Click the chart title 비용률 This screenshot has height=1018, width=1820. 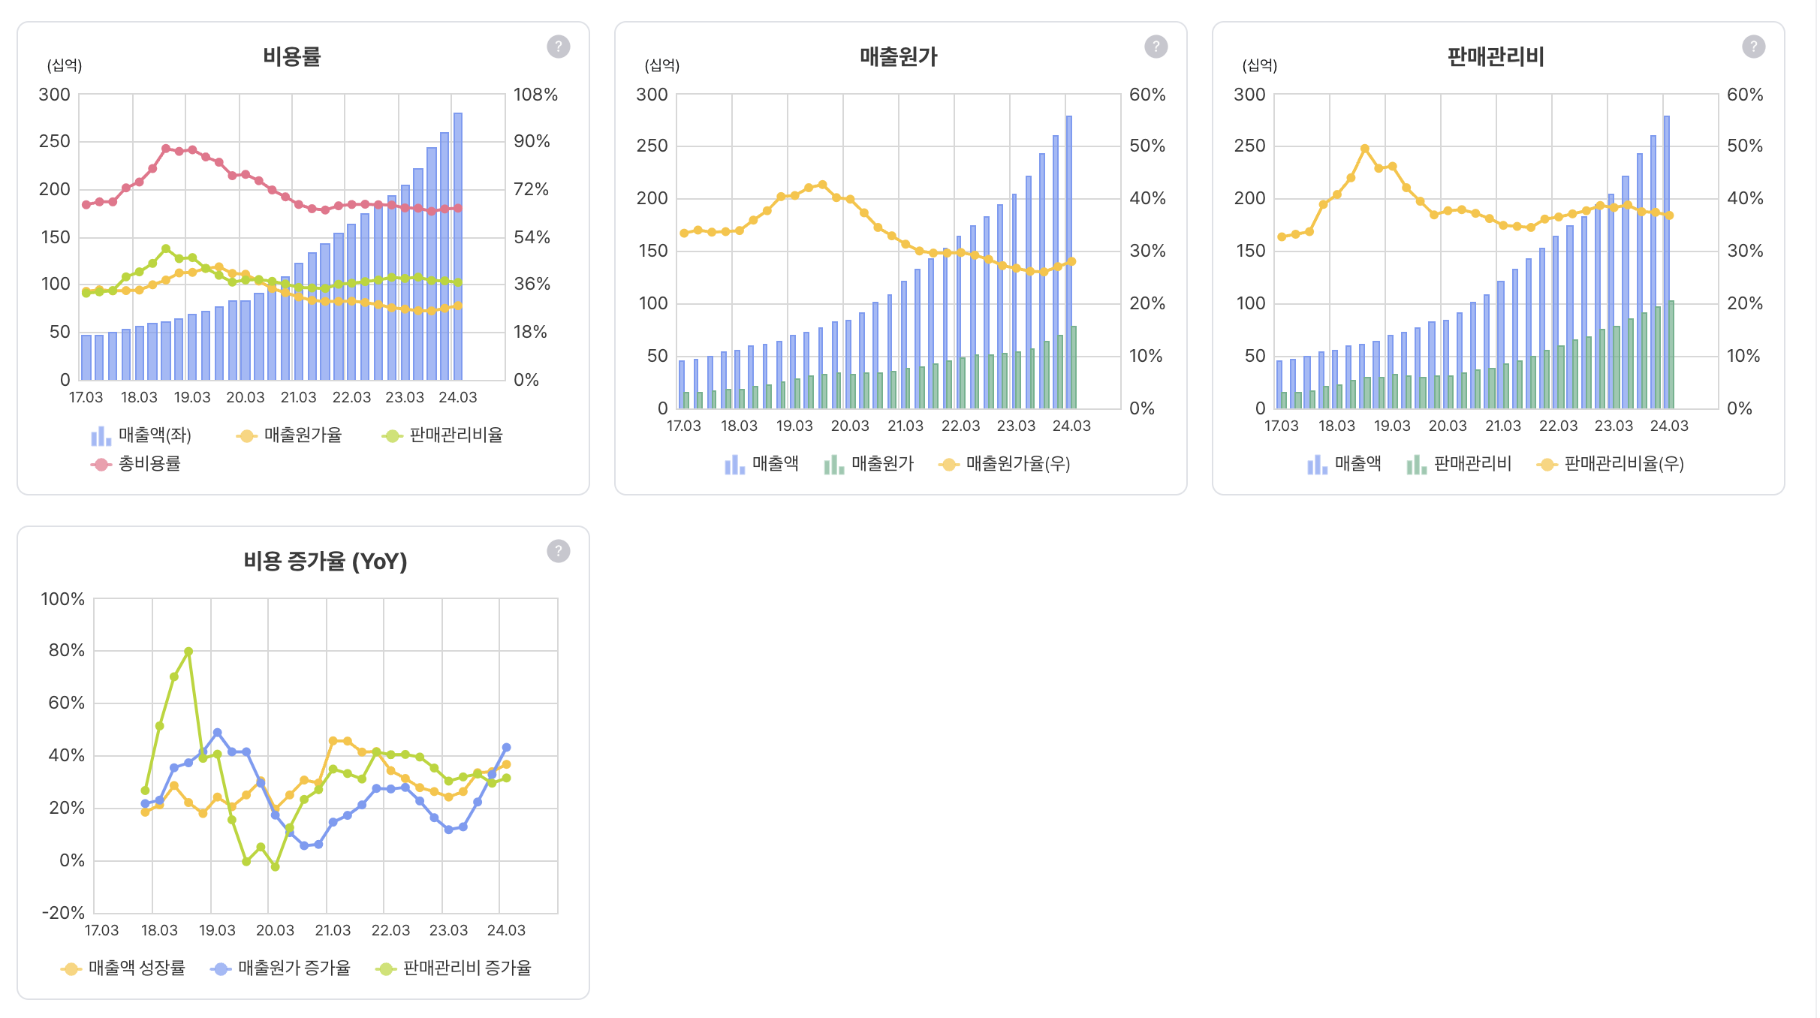tap(291, 56)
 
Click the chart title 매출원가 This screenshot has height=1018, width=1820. tap(898, 56)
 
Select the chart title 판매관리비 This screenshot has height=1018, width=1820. tap(1496, 56)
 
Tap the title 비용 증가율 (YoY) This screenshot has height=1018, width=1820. tap(324, 561)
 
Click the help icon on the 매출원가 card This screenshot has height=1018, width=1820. tap(1156, 47)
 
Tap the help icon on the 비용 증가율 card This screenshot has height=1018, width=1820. tap(558, 551)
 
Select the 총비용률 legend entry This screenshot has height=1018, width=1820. tap(136, 464)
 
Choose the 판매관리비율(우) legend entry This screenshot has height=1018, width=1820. tap(1611, 464)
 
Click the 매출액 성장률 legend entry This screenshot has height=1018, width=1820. tap(123, 968)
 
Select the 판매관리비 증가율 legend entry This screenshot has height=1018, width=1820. tap(453, 968)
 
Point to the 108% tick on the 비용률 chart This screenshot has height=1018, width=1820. tap(535, 95)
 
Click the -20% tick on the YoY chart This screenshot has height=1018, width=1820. tap(63, 913)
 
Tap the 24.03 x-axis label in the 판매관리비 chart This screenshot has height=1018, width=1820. tap(1668, 426)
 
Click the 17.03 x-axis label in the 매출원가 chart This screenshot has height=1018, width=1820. tap(683, 426)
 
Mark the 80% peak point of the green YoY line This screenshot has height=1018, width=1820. tap(188, 652)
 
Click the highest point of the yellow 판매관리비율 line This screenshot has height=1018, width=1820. tap(1364, 149)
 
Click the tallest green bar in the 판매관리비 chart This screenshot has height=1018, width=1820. tap(1671, 354)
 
